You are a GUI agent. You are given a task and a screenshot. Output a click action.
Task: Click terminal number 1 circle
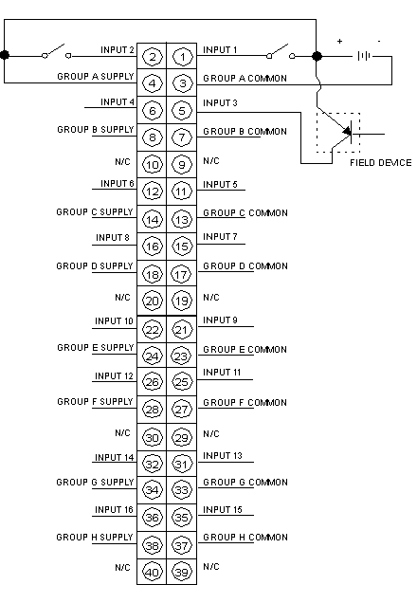point(182,57)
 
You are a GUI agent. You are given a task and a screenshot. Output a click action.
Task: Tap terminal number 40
point(153,572)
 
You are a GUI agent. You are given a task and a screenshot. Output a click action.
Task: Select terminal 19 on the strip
point(181,301)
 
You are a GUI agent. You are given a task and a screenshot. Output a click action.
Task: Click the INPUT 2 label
point(118,50)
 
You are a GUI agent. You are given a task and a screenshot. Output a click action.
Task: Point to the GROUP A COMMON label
point(245,79)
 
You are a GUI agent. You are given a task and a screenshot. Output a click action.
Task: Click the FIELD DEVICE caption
point(380,163)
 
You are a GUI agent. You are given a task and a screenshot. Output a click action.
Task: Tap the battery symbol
point(364,56)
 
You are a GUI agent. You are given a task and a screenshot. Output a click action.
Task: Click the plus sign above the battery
point(339,41)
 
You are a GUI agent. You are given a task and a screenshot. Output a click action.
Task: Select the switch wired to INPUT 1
point(281,51)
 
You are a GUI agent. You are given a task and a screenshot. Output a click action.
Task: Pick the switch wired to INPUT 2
point(57,51)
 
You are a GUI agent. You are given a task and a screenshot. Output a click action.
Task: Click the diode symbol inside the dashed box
point(348,133)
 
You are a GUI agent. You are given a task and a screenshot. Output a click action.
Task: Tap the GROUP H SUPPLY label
point(95,538)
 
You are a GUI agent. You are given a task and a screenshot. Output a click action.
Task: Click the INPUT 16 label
point(114,510)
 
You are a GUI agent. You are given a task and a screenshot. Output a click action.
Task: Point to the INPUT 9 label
point(220,320)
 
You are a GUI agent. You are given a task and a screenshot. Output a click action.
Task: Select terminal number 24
point(153,356)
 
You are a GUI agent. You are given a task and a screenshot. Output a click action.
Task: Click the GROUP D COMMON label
point(245,266)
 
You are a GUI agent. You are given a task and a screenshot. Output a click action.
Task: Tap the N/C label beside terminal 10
point(122,161)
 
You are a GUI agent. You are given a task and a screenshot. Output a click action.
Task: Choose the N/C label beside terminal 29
point(211,434)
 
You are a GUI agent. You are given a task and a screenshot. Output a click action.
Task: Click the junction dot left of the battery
point(317,56)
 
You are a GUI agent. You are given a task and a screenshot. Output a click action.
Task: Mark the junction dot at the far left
point(5,55)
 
